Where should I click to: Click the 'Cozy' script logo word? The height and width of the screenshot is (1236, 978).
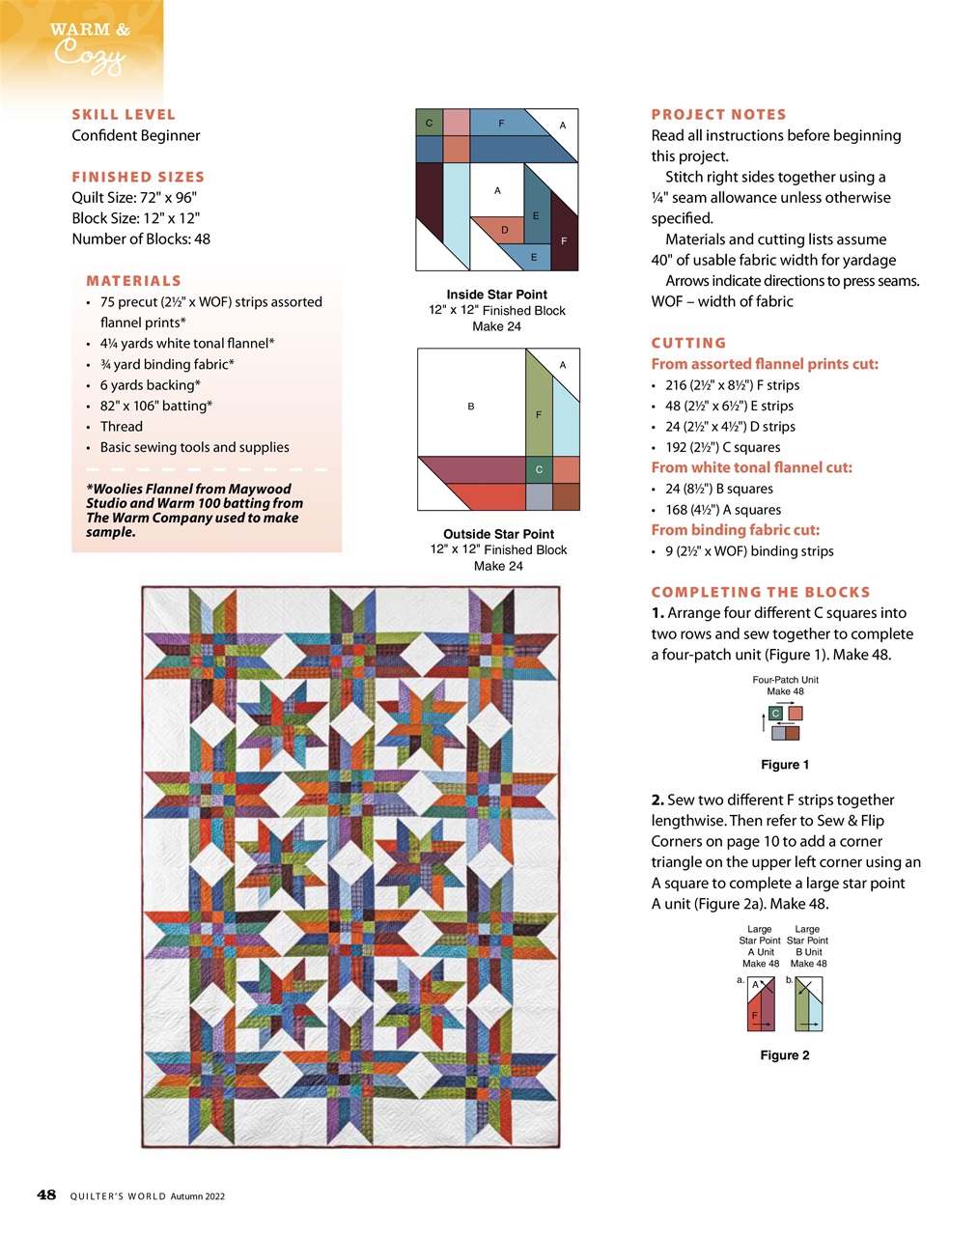pos(89,57)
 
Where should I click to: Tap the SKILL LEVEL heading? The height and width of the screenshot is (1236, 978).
pos(124,114)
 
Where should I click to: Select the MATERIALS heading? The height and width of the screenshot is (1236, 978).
pos(133,281)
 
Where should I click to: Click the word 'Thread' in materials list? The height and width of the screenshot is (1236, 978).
pos(121,426)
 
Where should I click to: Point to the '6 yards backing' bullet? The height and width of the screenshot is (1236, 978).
pos(150,384)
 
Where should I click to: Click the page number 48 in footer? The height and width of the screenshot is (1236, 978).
pos(46,1194)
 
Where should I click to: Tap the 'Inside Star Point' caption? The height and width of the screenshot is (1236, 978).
pos(496,295)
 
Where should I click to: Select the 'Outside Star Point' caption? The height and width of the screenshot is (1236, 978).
pos(498,534)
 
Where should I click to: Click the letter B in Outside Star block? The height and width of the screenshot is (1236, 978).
pos(471,407)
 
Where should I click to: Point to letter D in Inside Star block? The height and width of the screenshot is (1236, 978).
pos(505,230)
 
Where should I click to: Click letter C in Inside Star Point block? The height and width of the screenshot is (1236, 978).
pos(429,124)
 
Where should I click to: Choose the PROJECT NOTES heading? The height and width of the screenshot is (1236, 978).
pos(718,114)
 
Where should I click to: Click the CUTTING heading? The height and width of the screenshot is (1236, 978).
pos(688,343)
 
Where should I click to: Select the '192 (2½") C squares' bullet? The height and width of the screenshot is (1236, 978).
pos(722,447)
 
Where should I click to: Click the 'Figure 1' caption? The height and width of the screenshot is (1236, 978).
pos(785,765)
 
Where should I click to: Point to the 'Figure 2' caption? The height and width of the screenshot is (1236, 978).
pos(785,1055)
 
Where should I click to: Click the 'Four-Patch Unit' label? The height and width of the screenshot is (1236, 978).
pos(785,680)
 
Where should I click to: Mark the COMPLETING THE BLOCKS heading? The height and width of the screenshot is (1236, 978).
pos(761,592)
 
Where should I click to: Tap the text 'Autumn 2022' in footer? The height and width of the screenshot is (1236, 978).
pos(198,1196)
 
